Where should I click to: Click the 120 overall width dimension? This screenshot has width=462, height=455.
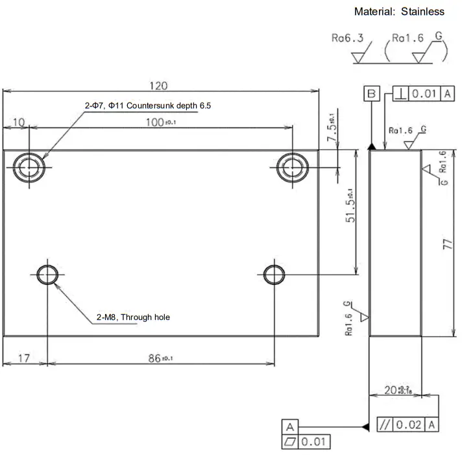[x=158, y=86]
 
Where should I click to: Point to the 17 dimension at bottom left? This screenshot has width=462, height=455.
[x=23, y=358]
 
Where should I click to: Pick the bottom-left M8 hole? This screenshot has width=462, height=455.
[x=47, y=275]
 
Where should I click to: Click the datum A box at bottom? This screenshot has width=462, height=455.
[x=289, y=426]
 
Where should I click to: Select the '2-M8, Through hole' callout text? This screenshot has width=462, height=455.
[x=133, y=317]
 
